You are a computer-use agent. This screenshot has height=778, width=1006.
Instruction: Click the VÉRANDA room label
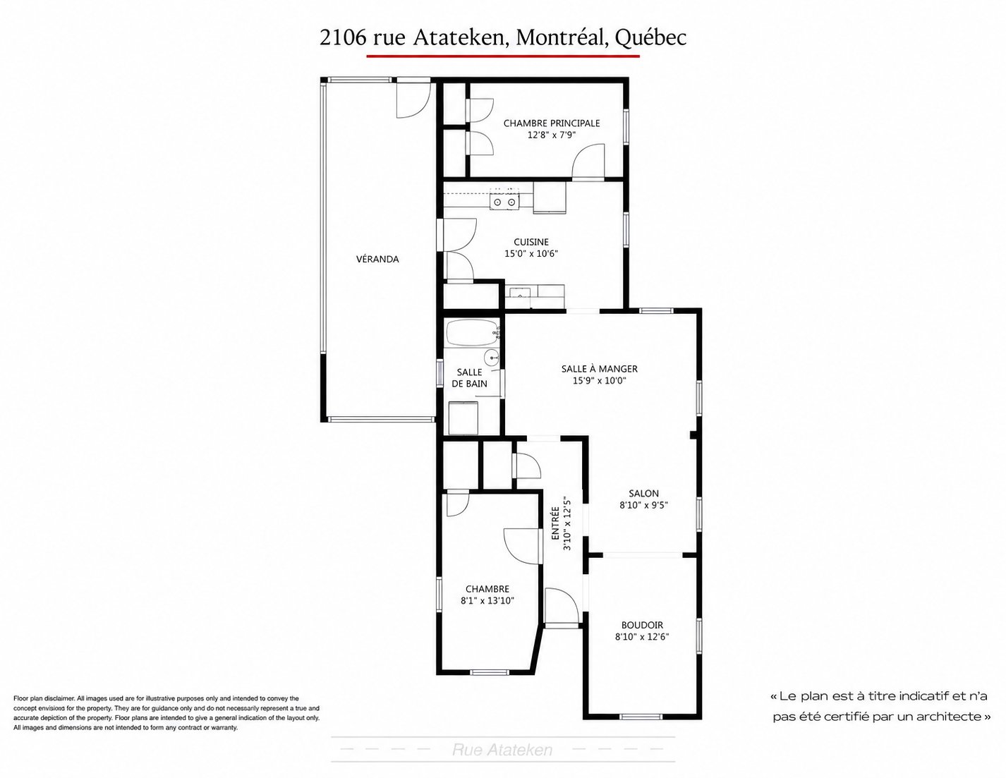(377, 259)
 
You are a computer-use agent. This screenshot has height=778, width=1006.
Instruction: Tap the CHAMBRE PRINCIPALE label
(551, 123)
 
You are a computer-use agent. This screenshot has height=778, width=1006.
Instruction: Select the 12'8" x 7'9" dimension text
(551, 135)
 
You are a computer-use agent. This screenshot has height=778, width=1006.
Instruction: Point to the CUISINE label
(531, 242)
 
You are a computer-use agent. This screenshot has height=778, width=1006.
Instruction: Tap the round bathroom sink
(492, 357)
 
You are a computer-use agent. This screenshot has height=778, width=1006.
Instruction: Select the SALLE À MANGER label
(599, 369)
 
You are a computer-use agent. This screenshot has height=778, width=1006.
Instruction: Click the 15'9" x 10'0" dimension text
(599, 380)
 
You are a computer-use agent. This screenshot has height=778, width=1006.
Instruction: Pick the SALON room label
(643, 493)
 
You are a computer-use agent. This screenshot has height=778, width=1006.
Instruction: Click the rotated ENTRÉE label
(555, 523)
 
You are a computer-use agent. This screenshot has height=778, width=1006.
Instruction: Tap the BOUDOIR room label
(642, 625)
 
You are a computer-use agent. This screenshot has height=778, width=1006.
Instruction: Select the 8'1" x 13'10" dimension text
(487, 601)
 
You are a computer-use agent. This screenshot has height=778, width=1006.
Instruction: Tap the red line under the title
(503, 56)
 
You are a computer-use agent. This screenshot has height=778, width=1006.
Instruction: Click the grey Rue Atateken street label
(502, 750)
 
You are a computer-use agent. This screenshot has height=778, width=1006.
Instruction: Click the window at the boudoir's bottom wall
(641, 717)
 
